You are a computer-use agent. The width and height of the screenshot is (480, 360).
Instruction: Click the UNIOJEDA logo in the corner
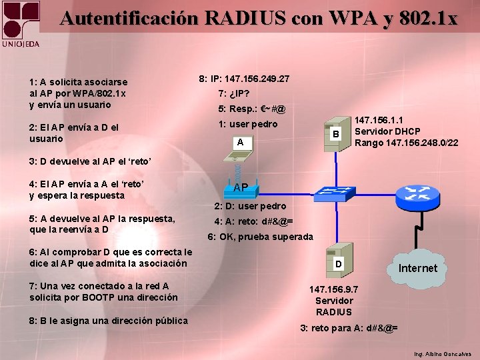pyautogui.click(x=21, y=25)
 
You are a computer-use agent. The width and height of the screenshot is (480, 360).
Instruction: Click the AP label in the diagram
pyautogui.click(x=241, y=188)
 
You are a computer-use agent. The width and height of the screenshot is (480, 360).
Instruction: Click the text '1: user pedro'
pyautogui.click(x=248, y=124)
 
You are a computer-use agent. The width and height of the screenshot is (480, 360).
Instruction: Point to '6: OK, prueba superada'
pyautogui.click(x=260, y=237)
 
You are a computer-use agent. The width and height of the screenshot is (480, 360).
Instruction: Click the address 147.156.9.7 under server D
pyautogui.click(x=334, y=289)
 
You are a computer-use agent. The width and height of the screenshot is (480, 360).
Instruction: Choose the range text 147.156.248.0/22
pyautogui.click(x=406, y=143)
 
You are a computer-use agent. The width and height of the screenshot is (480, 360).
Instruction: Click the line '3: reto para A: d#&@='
pyautogui.click(x=349, y=328)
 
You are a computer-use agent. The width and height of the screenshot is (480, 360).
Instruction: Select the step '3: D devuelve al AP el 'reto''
pyautogui.click(x=91, y=161)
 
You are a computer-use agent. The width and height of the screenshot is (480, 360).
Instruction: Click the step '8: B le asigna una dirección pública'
pyautogui.click(x=109, y=321)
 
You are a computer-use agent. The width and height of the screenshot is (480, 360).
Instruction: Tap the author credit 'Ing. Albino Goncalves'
pyautogui.click(x=442, y=354)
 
